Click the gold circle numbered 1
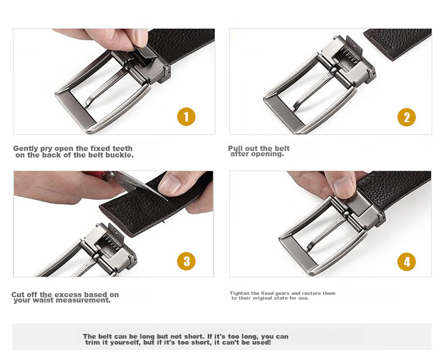pyautogui.click(x=186, y=117)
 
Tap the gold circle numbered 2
pyautogui.click(x=406, y=117)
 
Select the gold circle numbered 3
pyautogui.click(x=186, y=261)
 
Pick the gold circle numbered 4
pyautogui.click(x=406, y=262)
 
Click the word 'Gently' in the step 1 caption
pyautogui.click(x=26, y=149)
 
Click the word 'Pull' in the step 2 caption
pyautogui.click(x=236, y=149)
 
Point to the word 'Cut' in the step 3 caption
pyautogui.click(x=18, y=294)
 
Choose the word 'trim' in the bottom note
pyautogui.click(x=93, y=342)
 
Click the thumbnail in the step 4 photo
pyautogui.click(x=343, y=188)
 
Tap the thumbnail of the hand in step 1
pyautogui.click(x=141, y=38)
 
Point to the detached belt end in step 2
pyautogui.click(x=398, y=43)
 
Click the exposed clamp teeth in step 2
pyautogui.click(x=347, y=57)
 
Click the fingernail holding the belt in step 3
pyautogui.click(x=170, y=184)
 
